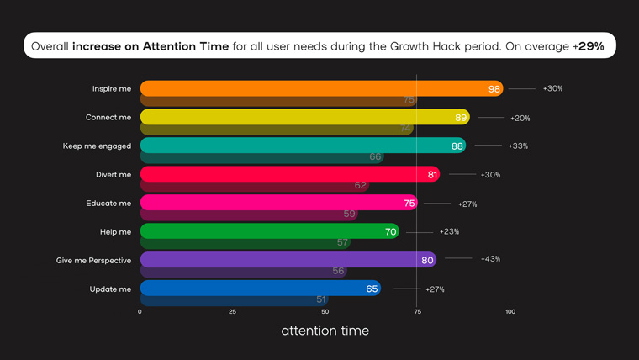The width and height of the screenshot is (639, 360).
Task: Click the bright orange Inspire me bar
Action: (x=321, y=88)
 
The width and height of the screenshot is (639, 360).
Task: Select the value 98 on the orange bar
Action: (x=494, y=89)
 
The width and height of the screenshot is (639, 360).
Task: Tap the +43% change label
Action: (x=490, y=259)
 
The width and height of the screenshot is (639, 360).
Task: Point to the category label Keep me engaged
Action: (x=97, y=146)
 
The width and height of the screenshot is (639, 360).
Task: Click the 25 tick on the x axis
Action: (x=232, y=311)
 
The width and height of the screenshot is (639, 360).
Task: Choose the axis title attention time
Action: (x=325, y=331)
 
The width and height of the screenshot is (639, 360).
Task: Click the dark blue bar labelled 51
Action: (x=235, y=300)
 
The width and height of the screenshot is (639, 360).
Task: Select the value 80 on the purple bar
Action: (x=427, y=260)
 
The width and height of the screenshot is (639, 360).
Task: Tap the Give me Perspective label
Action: (x=93, y=261)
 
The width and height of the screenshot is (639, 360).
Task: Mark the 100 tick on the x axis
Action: (x=510, y=311)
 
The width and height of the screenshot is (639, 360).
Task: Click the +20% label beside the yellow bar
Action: (x=520, y=119)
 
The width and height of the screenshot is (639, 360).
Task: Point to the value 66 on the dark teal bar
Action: (x=375, y=156)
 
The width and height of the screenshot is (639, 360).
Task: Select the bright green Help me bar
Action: (x=270, y=231)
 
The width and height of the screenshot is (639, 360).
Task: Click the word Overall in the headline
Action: (x=50, y=46)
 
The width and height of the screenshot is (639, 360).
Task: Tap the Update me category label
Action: (x=110, y=289)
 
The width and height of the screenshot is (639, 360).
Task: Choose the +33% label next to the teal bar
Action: (x=518, y=146)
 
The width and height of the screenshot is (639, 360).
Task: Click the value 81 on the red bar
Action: (x=432, y=175)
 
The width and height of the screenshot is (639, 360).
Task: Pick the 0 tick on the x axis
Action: (x=140, y=311)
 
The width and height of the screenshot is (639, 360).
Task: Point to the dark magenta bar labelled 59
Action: (x=249, y=214)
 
